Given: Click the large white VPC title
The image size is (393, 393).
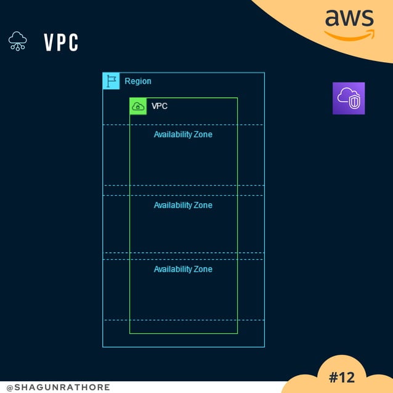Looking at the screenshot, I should coord(61,43).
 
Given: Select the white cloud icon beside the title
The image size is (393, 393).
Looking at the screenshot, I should coord(17,41).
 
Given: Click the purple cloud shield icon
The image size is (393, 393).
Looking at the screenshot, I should coord(349,98).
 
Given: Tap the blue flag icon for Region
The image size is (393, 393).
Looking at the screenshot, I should coord(111,81).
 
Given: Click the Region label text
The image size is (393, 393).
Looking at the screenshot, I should coord(138,81).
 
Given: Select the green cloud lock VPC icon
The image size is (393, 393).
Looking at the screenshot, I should coord(138,106).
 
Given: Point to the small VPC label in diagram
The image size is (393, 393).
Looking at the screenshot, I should coord(160,106).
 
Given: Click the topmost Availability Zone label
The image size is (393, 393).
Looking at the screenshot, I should coord(183,134).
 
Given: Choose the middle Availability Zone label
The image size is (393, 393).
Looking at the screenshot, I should coord(183,205).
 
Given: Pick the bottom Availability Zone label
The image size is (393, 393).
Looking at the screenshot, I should coord(183,269).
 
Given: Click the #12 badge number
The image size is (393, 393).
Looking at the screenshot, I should coord(342,377).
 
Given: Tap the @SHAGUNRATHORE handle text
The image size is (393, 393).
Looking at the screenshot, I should coord(58,387).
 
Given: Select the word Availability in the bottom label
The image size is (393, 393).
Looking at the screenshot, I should coord(172,269).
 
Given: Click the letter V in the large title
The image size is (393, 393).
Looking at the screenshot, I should coord(49,43).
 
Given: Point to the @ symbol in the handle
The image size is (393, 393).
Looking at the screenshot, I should coord(10,387).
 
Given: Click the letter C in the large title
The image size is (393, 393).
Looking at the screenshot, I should coord(73,43).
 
